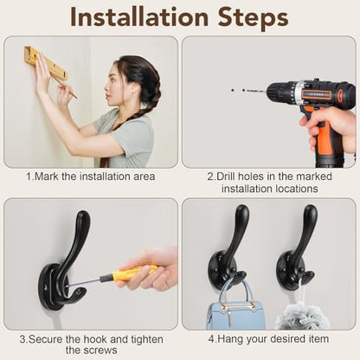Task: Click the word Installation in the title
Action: pos(139,17)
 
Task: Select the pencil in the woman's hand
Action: pos(67,87)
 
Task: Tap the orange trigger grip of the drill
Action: pos(323,137)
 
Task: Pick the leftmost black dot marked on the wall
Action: pos(233,90)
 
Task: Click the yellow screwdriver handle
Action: pos(134,273)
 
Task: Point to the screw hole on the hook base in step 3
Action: pos(45,288)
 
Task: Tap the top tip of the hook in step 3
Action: pos(84,214)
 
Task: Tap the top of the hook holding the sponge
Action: pos(311,209)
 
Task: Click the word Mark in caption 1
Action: pos(47,177)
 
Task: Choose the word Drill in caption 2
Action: pos(227,177)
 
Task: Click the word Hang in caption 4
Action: pos(228,339)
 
